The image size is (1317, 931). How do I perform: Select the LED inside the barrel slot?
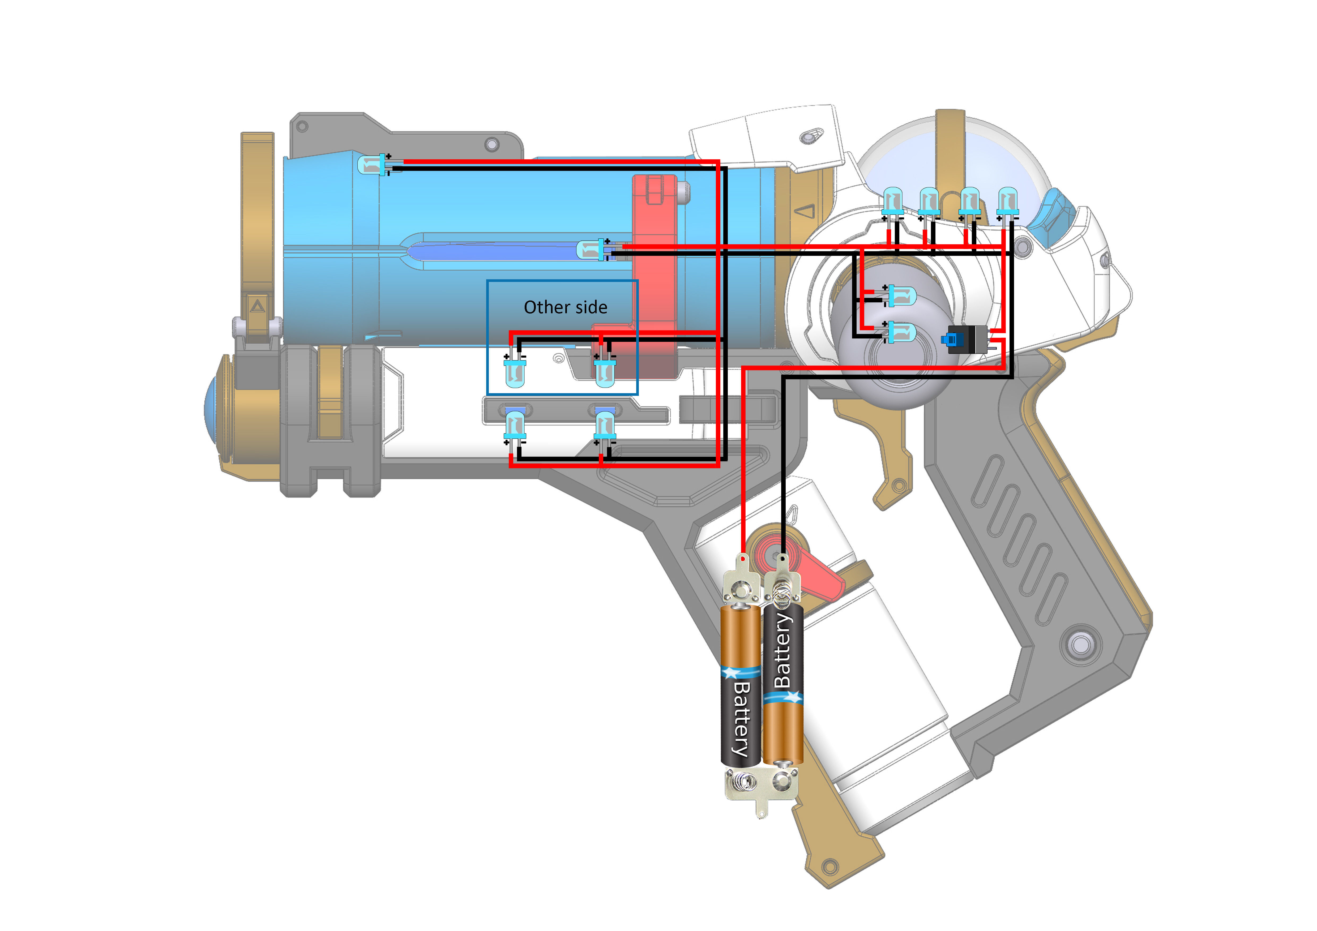591,250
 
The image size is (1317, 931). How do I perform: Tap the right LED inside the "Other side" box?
605,372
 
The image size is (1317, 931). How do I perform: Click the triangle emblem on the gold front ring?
257,305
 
